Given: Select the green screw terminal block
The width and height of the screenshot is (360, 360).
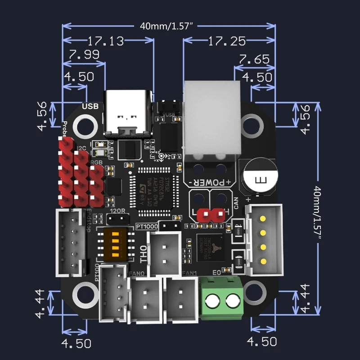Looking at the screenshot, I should click(x=220, y=297).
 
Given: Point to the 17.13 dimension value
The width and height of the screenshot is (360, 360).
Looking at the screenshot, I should click(x=106, y=41).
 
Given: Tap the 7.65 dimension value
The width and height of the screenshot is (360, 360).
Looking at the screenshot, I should click(x=254, y=59).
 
